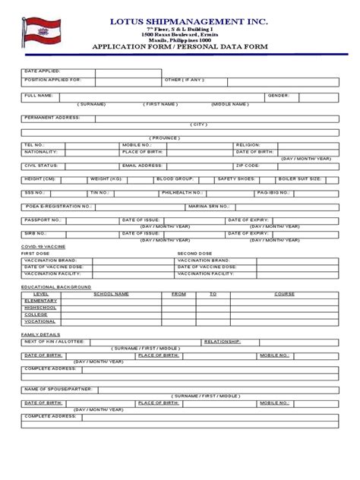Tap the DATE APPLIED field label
pos(42,71)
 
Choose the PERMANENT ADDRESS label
pos(53,118)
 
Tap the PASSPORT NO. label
pos(42,219)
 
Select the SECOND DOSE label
pos(195,253)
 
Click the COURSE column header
pos(284,292)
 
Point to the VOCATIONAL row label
pos(40,321)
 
